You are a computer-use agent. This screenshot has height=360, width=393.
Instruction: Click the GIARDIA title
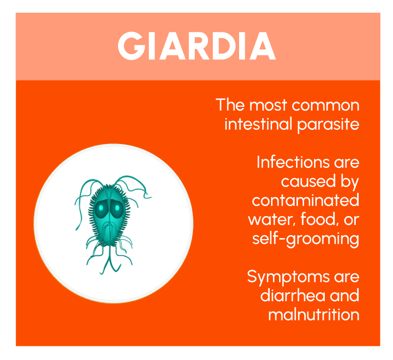(197, 46)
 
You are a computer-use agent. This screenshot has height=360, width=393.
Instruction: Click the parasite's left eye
(101, 208)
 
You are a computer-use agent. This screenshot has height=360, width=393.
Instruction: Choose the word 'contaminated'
(305, 200)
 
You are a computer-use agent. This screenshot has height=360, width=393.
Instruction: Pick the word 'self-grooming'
(305, 239)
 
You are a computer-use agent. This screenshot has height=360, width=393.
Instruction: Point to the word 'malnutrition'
(313, 314)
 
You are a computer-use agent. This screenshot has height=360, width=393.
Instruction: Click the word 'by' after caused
(348, 182)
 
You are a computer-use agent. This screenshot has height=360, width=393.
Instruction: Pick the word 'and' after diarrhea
(343, 296)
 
